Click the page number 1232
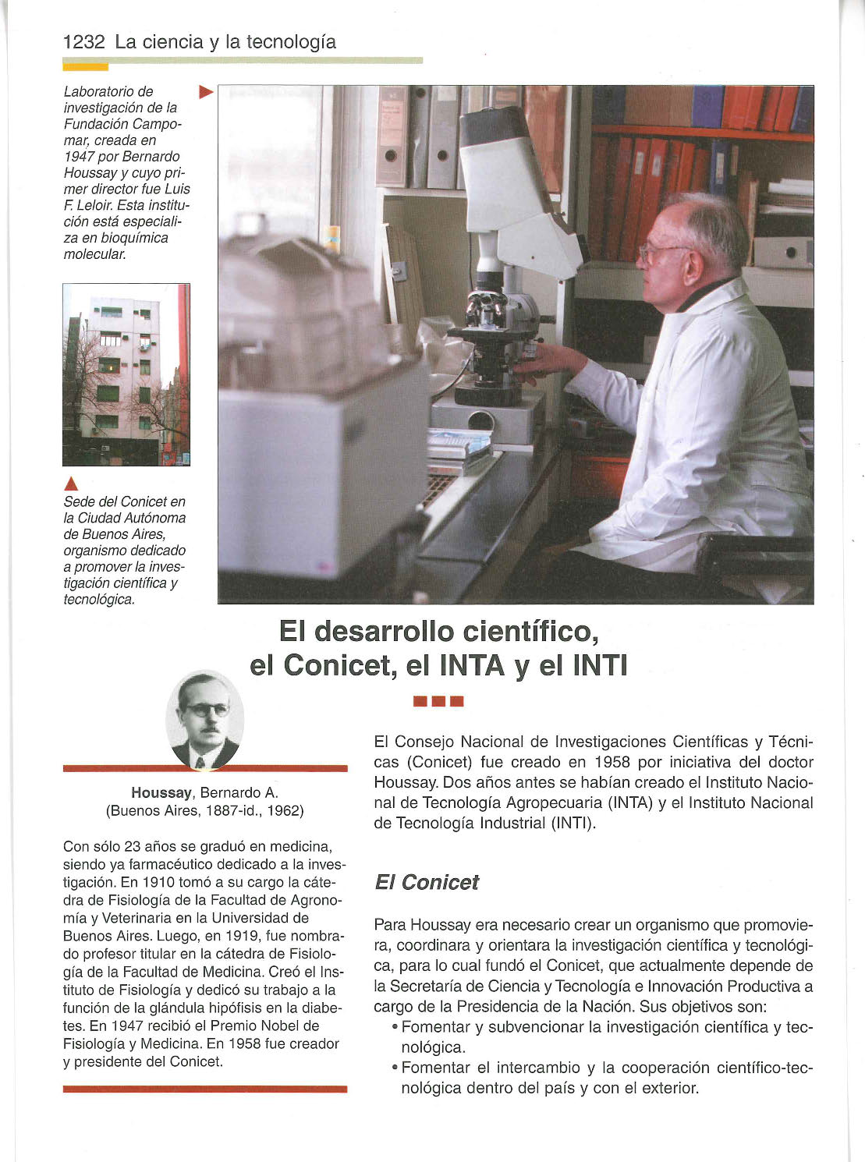(83, 42)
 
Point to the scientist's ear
(693, 265)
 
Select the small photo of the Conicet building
(126, 374)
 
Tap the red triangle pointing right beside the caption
(206, 93)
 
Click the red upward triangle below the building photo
(69, 481)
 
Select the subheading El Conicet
(426, 882)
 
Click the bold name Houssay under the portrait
(161, 792)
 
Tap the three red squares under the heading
(439, 700)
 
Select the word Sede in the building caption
(79, 501)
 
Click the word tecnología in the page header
(291, 42)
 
